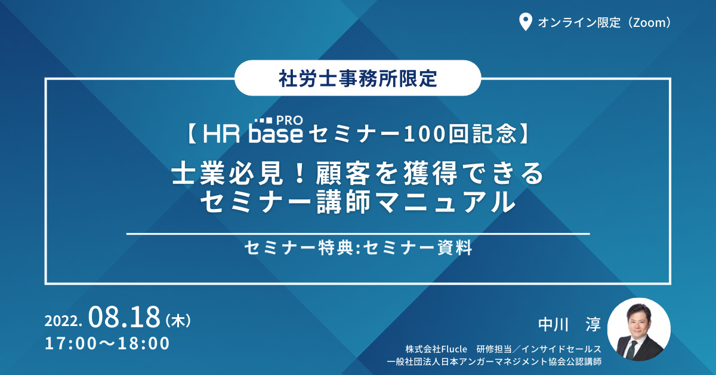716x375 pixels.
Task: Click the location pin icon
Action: coord(525,22)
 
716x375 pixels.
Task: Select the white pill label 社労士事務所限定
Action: coord(357,78)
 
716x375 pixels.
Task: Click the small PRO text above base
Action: coord(289,121)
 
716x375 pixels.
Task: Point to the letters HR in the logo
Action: coord(221,134)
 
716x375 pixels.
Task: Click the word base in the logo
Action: coord(276,134)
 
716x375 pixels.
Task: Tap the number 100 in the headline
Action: coord(425,134)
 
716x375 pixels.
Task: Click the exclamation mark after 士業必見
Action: coord(300,173)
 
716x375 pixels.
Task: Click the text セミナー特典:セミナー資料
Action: coord(358,248)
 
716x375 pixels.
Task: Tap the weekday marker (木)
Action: coord(178,320)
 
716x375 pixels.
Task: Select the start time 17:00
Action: coord(70,343)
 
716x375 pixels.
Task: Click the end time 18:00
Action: coord(144,343)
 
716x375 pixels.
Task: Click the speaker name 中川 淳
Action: coord(569,324)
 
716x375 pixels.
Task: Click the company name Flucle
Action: coord(454,349)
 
